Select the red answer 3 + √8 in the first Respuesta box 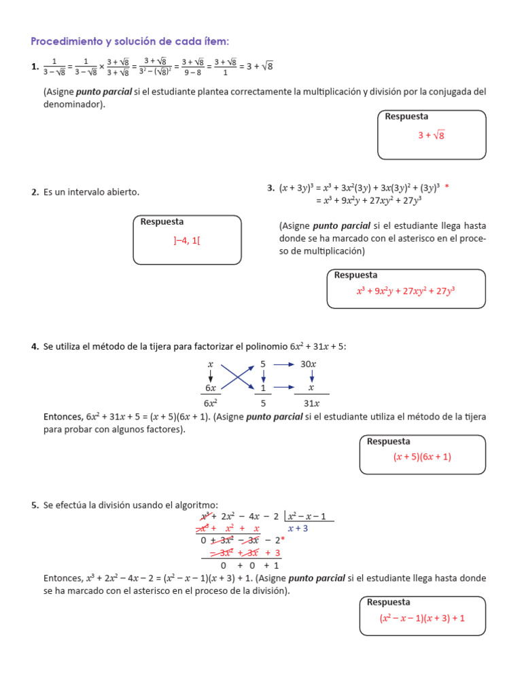point(431,136)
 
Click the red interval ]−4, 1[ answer point(187,240)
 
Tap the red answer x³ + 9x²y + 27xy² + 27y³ point(406,291)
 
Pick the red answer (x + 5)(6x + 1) point(422,457)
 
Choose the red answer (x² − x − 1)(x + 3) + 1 point(422,618)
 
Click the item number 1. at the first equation point(35,67)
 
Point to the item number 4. point(35,347)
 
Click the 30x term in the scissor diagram point(308,364)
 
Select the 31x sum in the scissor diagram point(311,403)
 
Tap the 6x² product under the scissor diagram point(211,403)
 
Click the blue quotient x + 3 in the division point(298,528)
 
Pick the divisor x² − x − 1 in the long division point(307,516)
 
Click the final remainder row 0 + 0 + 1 point(249,565)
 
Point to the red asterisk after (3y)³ point(447,187)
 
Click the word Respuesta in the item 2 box point(162,222)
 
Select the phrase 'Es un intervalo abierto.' point(91,192)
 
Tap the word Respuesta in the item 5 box point(388,602)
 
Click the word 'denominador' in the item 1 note point(73,105)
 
